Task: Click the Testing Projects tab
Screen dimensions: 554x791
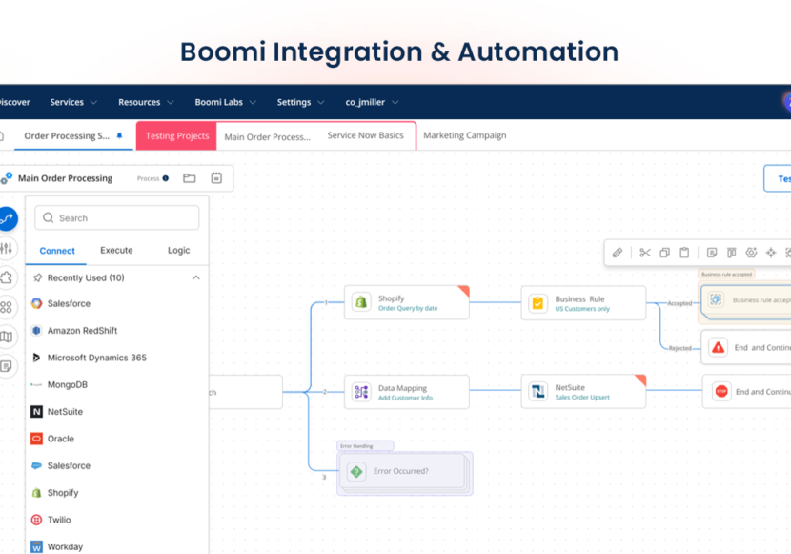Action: tap(176, 136)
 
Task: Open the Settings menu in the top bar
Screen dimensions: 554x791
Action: tap(299, 102)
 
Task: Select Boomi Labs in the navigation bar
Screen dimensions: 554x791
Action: tap(225, 102)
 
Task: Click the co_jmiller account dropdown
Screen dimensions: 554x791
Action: tap(372, 102)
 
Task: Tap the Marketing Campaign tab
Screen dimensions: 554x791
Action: tap(464, 135)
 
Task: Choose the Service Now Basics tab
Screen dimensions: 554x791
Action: tap(365, 135)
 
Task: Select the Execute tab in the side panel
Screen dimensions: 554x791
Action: tap(116, 251)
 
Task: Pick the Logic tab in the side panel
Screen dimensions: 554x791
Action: tap(178, 251)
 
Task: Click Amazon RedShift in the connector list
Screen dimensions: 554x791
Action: tap(82, 331)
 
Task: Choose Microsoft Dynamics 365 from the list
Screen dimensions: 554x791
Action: tap(96, 358)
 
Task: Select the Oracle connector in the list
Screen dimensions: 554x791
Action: tap(60, 439)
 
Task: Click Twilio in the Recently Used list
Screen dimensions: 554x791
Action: tap(59, 520)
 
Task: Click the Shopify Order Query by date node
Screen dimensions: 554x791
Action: tap(407, 303)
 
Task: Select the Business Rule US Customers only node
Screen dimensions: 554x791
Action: tap(582, 303)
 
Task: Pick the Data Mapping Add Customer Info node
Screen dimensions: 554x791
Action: tap(407, 392)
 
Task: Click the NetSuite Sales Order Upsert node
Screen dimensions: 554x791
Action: tap(582, 392)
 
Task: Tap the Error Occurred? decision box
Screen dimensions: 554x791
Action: tap(401, 471)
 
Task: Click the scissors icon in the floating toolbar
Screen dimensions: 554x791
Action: tap(645, 253)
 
